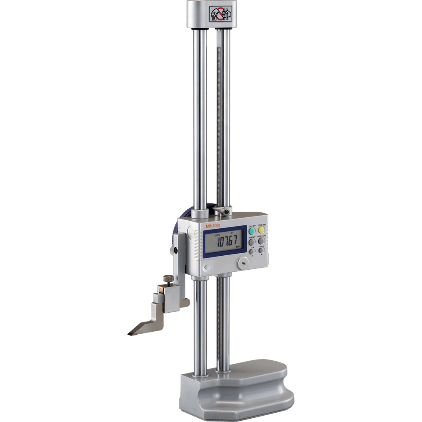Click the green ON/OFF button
pyautogui.click(x=252, y=231)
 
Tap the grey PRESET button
pyautogui.click(x=252, y=242)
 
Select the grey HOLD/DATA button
pyautogui.click(x=261, y=241)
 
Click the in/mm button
pyautogui.click(x=262, y=250)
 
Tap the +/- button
pyautogui.click(x=252, y=251)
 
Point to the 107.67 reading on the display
pyautogui.click(x=226, y=242)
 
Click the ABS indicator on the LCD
pyautogui.click(x=217, y=235)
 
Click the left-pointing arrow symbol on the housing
pyautogui.click(x=206, y=267)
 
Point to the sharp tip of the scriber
pyautogui.click(x=129, y=334)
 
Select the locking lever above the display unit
pyautogui.click(x=222, y=210)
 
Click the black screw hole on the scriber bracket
pyautogui.click(x=173, y=250)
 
